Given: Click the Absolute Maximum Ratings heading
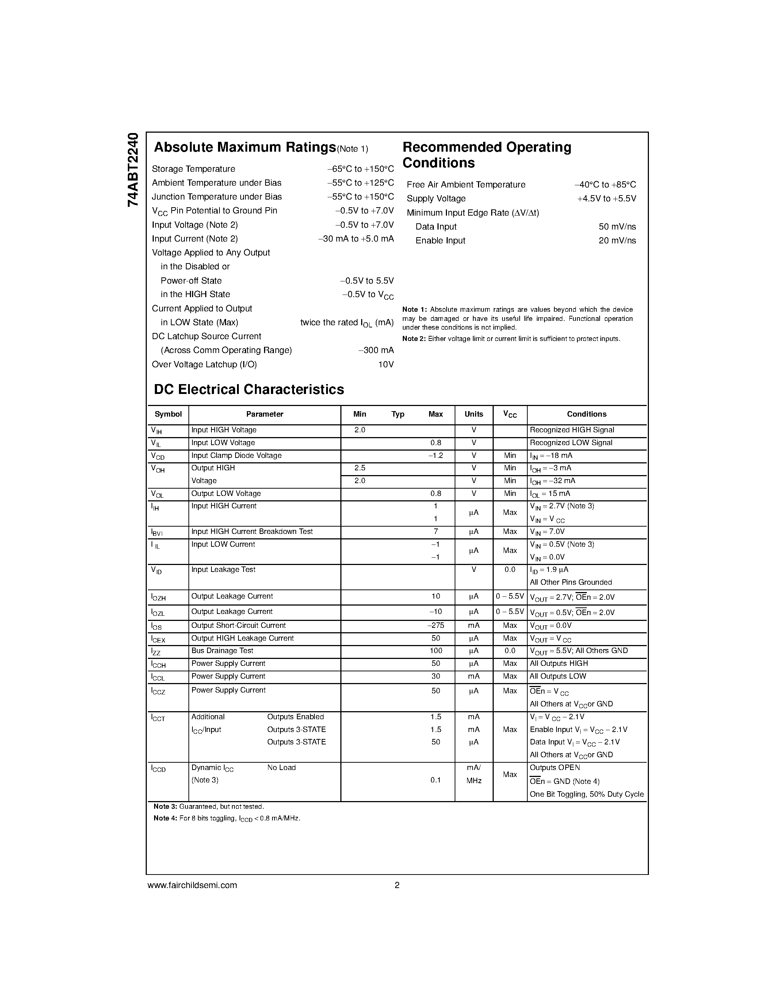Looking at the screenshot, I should tap(245, 147).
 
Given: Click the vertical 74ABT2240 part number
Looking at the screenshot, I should tap(133, 169).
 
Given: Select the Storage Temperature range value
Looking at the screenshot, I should tap(360, 169).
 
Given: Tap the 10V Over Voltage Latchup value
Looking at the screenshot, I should tap(386, 364).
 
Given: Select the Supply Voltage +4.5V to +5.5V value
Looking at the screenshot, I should tap(606, 198).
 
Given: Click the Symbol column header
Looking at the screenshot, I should tap(168, 414).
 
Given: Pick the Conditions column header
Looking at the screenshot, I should tap(586, 414).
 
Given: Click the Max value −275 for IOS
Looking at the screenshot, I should tap(435, 625).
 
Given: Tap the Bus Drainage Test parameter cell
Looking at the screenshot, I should tap(222, 651).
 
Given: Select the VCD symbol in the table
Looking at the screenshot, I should tap(158, 456).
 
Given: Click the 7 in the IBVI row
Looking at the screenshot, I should tap(435, 531).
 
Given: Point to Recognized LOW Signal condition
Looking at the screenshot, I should tap(570, 443).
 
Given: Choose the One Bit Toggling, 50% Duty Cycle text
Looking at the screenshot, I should tap(586, 794).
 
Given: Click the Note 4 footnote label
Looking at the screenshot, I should tap(165, 819).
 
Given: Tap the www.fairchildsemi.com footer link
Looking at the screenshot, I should tap(192, 885).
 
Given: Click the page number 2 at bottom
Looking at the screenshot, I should tap(397, 885).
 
